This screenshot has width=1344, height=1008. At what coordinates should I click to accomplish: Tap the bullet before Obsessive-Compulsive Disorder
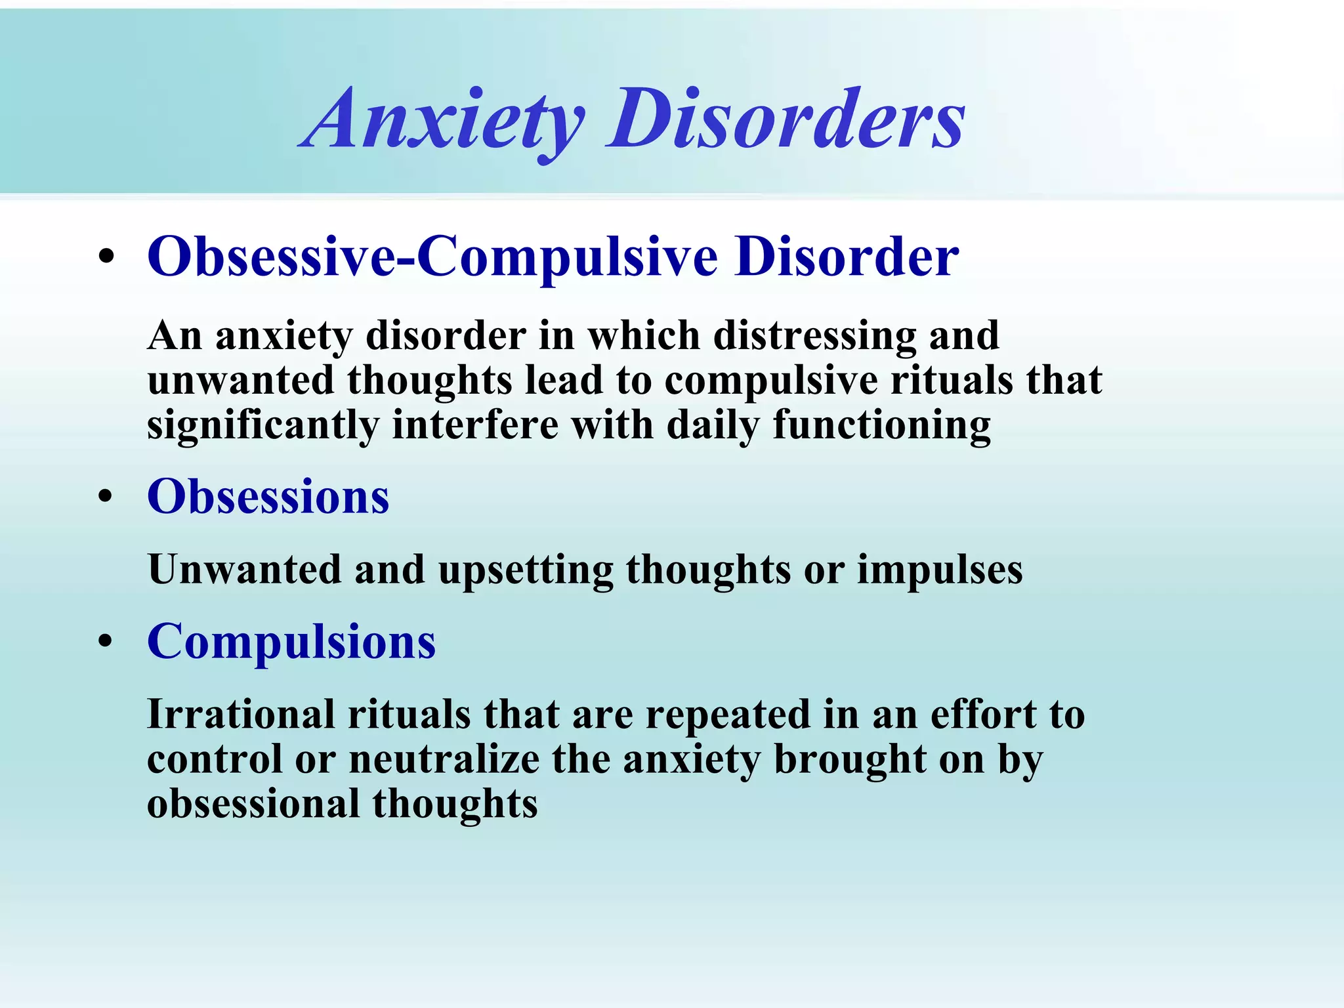point(106,257)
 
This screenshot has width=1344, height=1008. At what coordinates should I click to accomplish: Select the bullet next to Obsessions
point(106,497)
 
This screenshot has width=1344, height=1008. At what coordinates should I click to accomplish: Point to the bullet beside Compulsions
point(106,642)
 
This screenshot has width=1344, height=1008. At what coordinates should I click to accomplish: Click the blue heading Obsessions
point(268,497)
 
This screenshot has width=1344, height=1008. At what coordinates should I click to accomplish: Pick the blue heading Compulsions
point(291,642)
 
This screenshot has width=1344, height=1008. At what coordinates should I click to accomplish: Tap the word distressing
point(814,336)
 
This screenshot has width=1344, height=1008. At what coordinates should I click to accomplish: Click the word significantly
point(262,425)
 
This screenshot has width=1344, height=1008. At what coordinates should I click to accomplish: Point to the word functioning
point(881,425)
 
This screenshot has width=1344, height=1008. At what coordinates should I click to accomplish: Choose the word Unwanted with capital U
point(244,569)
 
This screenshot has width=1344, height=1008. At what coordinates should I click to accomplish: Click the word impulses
point(940,569)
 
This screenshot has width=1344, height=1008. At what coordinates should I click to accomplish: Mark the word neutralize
point(444,759)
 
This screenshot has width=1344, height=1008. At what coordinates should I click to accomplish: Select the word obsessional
point(253,804)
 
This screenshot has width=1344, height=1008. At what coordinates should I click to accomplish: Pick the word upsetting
point(526,570)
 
